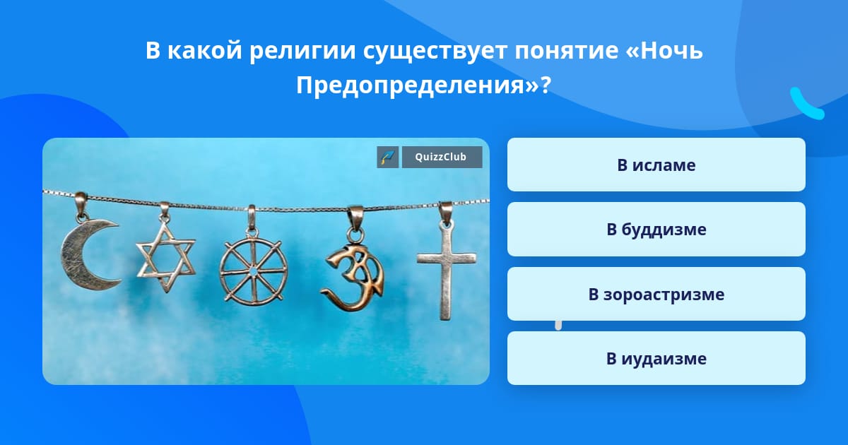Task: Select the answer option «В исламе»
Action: pyautogui.click(x=656, y=165)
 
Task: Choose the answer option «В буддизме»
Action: pyautogui.click(x=656, y=230)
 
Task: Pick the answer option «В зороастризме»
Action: pyautogui.click(x=656, y=294)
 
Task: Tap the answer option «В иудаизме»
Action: pyautogui.click(x=656, y=358)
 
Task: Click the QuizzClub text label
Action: pyautogui.click(x=441, y=157)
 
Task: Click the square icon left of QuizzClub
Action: pyautogui.click(x=388, y=157)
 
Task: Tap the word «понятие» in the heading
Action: pyautogui.click(x=566, y=51)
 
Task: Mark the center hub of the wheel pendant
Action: pyautogui.click(x=253, y=272)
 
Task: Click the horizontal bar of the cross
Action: pyautogui.click(x=447, y=259)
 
